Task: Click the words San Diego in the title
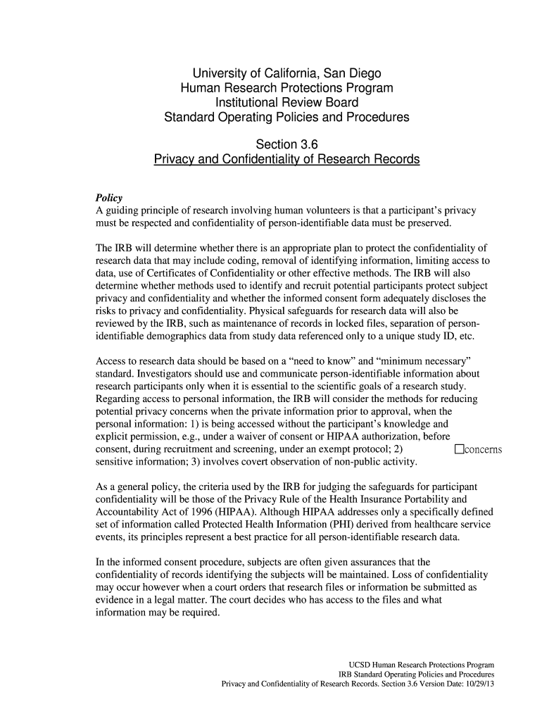(x=352, y=73)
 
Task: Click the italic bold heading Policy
(x=109, y=198)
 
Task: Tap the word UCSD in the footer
(x=360, y=665)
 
